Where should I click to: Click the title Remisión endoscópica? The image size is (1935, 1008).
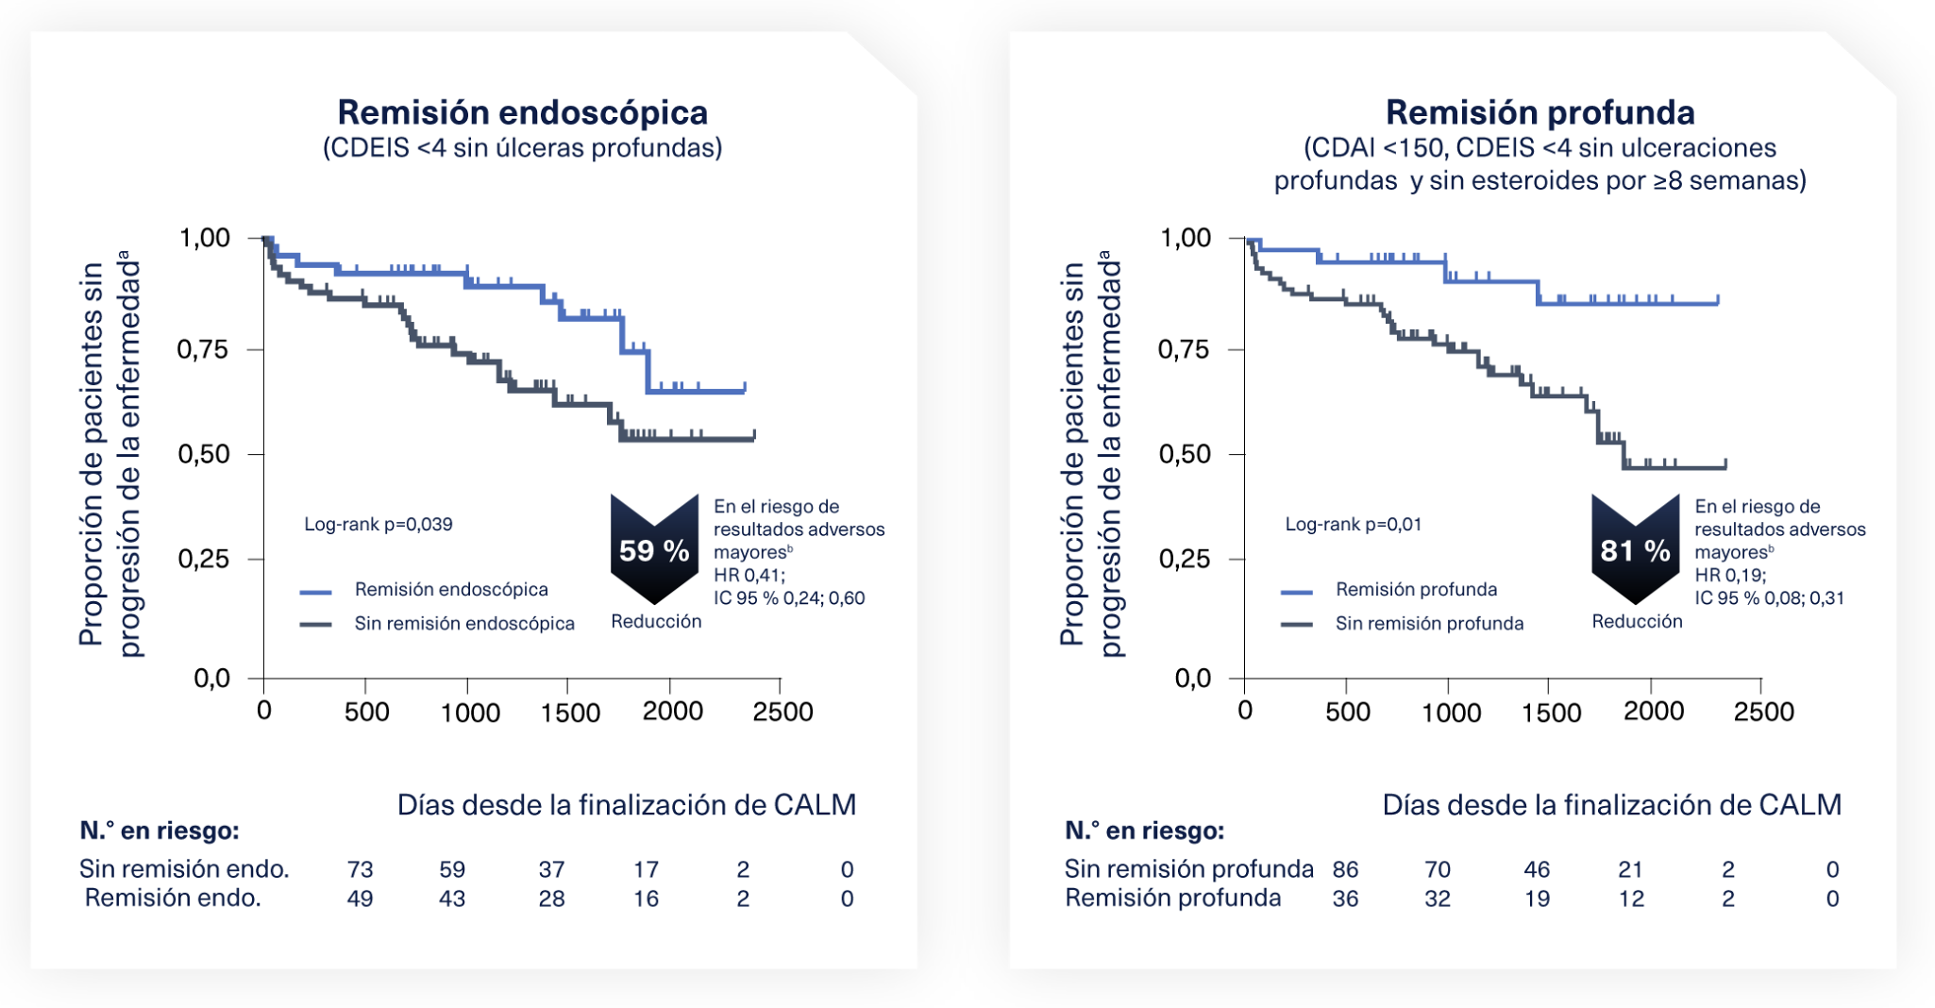tap(522, 112)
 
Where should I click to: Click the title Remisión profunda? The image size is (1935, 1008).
tap(1540, 112)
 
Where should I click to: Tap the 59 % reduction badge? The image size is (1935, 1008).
tap(654, 549)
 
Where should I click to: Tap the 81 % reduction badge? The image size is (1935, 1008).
tap(1635, 549)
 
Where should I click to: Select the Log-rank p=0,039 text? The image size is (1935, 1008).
tap(378, 524)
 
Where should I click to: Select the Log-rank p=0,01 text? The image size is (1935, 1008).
tap(1353, 524)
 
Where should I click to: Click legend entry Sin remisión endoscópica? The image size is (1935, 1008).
tap(463, 623)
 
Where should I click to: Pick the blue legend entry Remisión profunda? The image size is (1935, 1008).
tap(1416, 589)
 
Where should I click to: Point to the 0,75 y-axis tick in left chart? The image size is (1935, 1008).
tap(204, 349)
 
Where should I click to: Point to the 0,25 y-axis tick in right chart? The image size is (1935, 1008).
tap(1185, 559)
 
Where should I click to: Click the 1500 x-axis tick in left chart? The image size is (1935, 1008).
tap(570, 712)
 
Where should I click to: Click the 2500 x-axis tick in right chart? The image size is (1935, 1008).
tap(1763, 712)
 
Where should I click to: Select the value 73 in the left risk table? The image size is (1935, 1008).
tap(360, 869)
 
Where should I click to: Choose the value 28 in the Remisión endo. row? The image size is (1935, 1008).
tap(551, 899)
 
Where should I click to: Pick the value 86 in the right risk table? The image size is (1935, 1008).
tap(1345, 869)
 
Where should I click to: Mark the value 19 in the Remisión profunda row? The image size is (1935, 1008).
tap(1537, 899)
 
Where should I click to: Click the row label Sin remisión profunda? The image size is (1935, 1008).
tap(1188, 868)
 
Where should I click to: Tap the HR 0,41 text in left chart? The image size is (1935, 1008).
tap(749, 575)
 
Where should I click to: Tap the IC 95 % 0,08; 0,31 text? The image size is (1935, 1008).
tap(1769, 597)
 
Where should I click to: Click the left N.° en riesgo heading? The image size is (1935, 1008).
tap(160, 831)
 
